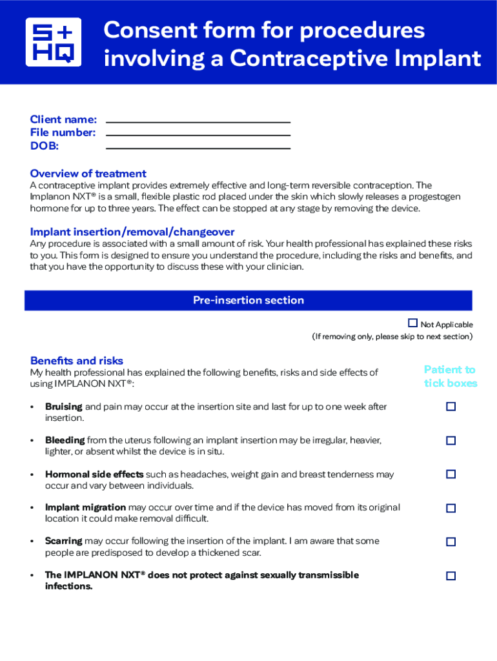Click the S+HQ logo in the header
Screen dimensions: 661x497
[x=54, y=42]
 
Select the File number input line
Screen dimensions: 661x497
[x=198, y=134]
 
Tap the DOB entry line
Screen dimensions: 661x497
[x=198, y=147]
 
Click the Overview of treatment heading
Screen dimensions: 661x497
[x=88, y=174]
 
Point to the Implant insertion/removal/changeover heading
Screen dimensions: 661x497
[x=132, y=232]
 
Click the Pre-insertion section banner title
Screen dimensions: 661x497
[x=248, y=300]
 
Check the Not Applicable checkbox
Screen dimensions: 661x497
[x=412, y=323]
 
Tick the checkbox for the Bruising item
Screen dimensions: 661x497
[x=451, y=407]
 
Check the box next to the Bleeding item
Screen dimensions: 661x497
[x=451, y=440]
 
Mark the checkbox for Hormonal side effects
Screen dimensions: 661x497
[x=451, y=474]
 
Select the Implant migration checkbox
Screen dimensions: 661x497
[x=451, y=508]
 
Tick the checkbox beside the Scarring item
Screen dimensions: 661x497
[x=451, y=542]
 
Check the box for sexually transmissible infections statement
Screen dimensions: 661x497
[x=451, y=576]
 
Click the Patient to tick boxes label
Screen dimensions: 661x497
[x=450, y=376]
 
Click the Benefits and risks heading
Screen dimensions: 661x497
[x=76, y=361]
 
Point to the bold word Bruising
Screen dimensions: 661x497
[x=63, y=407]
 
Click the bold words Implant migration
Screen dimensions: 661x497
[x=85, y=507]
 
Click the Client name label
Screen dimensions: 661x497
[x=63, y=119]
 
